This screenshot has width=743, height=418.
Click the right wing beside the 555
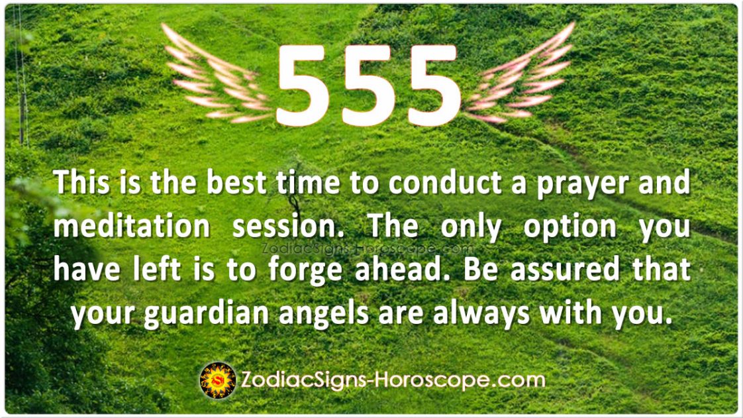tap(519, 76)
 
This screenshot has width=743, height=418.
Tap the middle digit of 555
tap(368, 85)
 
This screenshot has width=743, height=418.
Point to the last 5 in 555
tap(434, 85)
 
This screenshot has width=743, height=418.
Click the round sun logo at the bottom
tap(218, 380)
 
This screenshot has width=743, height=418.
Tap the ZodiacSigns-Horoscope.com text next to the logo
tap(393, 380)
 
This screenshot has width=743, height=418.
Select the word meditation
tap(131, 227)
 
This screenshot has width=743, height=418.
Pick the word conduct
tap(445, 183)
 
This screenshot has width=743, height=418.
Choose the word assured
tap(565, 270)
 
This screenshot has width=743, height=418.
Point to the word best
tap(236, 183)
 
